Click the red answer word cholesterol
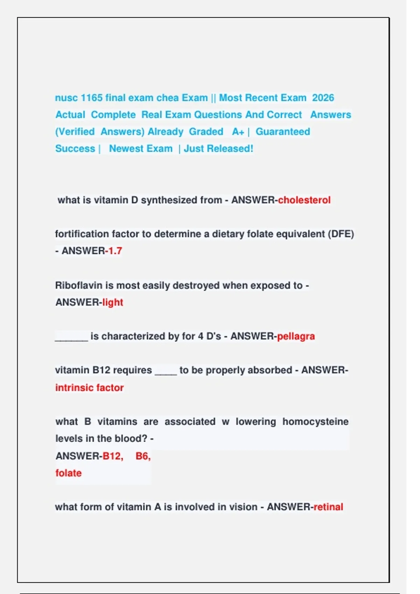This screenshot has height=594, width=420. [x=304, y=200]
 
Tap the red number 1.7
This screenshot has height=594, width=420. [x=114, y=251]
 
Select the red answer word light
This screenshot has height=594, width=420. [x=113, y=302]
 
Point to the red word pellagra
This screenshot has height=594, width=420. [x=296, y=336]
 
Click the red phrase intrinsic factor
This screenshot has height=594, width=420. [x=90, y=387]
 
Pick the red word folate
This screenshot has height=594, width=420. [x=69, y=473]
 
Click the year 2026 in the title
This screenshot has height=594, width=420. [x=323, y=98]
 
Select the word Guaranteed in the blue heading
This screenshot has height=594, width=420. [x=283, y=132]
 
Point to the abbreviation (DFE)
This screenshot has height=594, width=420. [x=341, y=234]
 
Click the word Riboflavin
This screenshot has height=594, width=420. [x=79, y=285]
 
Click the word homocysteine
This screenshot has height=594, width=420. [x=315, y=422]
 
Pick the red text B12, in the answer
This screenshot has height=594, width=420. [x=113, y=456]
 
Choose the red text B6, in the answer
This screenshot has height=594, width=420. [x=143, y=456]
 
